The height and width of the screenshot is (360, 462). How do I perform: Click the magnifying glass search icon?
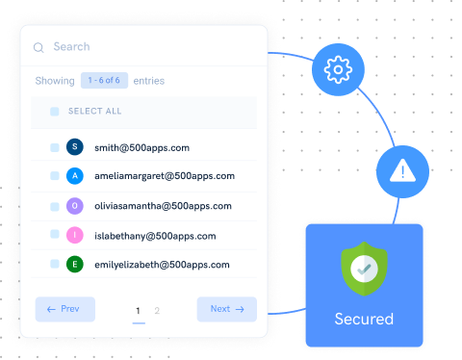pyautogui.click(x=38, y=47)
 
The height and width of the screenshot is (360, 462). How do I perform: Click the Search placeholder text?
pyautogui.click(x=71, y=46)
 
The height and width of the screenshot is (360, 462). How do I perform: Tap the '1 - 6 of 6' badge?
pyautogui.click(x=104, y=81)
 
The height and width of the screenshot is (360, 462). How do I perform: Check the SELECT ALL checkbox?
pyautogui.click(x=55, y=112)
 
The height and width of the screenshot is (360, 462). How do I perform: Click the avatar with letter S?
pyautogui.click(x=75, y=148)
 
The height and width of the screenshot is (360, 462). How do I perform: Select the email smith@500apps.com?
pyautogui.click(x=141, y=148)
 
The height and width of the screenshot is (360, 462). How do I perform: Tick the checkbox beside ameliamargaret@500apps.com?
pyautogui.click(x=55, y=177)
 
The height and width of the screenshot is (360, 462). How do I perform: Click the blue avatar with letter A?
pyautogui.click(x=75, y=177)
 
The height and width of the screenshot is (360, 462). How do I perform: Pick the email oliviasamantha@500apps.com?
pyautogui.click(x=163, y=206)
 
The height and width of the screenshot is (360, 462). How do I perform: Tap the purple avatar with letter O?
pyautogui.click(x=75, y=206)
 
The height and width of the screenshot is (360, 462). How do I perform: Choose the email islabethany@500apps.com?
pyautogui.click(x=154, y=235)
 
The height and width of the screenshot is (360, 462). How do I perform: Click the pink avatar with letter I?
pyautogui.click(x=75, y=235)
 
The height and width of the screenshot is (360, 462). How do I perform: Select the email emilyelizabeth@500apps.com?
pyautogui.click(x=163, y=264)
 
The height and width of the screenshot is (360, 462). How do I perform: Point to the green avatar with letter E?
pyautogui.click(x=75, y=264)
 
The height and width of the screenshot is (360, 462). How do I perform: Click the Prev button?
pyautogui.click(x=65, y=309)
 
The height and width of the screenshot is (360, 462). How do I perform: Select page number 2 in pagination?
pyautogui.click(x=157, y=310)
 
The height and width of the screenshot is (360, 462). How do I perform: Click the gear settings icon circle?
pyautogui.click(x=336, y=68)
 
